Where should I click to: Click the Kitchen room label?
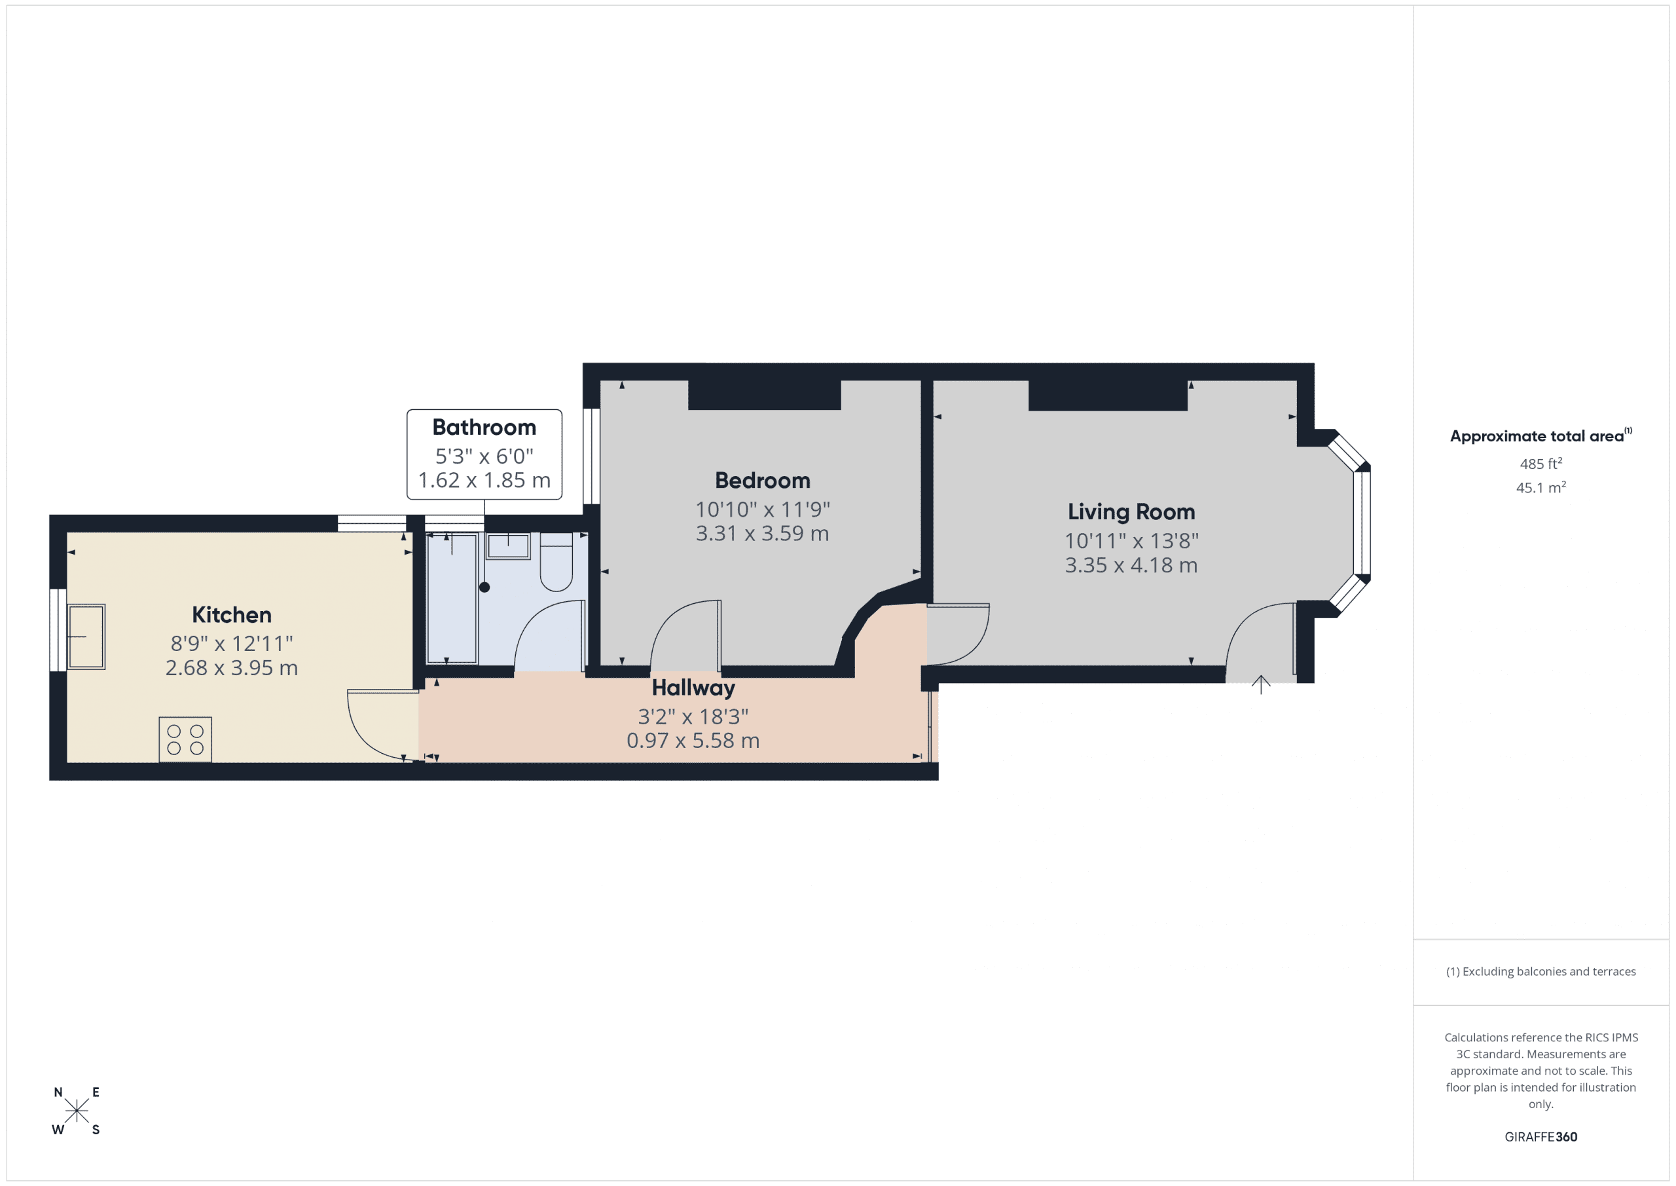pos(231,615)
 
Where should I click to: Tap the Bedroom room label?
pos(762,481)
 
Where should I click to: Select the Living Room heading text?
pos(1131,512)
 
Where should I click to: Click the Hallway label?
pos(693,688)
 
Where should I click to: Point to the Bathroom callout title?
pos(484,427)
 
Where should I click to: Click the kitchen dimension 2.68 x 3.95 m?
pos(231,668)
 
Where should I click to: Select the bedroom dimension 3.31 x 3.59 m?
pos(762,534)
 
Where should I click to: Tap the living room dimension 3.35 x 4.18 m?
pos(1131,565)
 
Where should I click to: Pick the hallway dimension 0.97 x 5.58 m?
pos(693,741)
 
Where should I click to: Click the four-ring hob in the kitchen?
pos(185,739)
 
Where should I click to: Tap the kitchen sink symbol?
pos(86,636)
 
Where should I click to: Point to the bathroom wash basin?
pos(508,546)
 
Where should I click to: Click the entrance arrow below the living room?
pos(1261,684)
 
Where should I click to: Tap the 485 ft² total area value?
pos(1540,464)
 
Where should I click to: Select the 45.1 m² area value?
pos(1540,487)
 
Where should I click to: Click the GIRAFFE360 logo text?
pos(1540,1136)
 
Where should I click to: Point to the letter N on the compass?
pos(58,1092)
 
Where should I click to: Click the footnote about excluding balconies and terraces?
pos(1540,971)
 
